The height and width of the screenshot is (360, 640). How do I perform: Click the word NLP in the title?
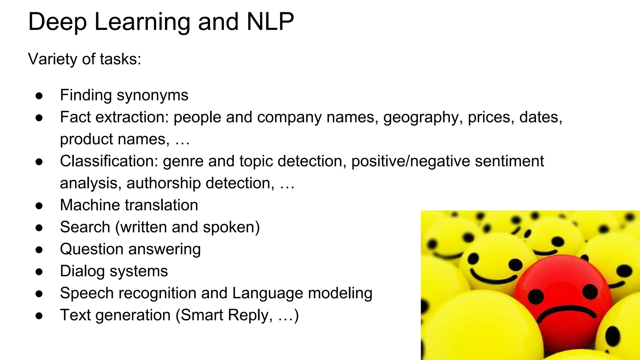coord(270,22)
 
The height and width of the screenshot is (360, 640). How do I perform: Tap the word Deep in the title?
coord(57,22)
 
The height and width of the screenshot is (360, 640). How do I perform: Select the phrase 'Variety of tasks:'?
coord(84,59)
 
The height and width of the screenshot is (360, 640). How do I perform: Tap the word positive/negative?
coord(411,161)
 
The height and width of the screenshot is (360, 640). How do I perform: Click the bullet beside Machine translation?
coord(39,206)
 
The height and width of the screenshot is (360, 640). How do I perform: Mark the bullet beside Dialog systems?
coord(39,272)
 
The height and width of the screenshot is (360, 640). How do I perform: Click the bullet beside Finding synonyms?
coord(39,96)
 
